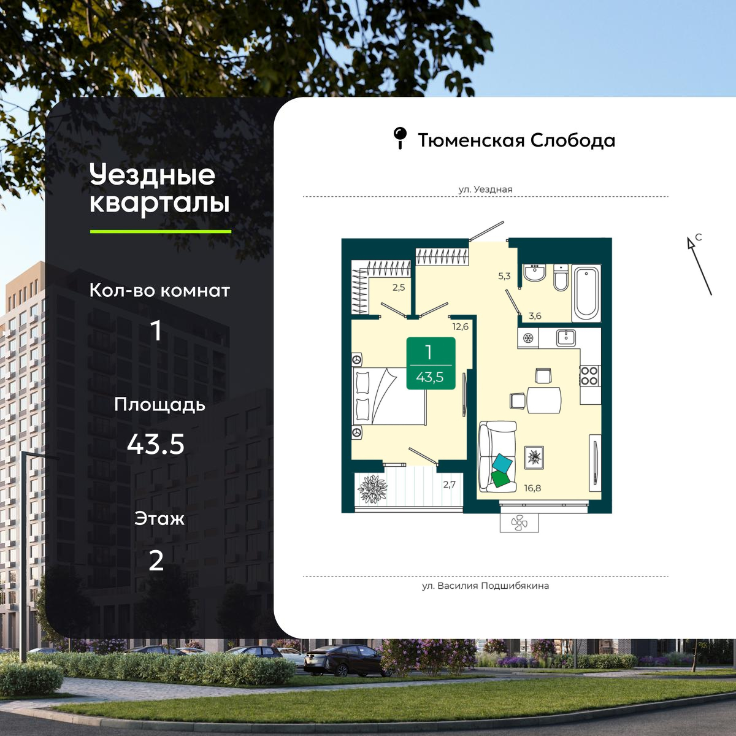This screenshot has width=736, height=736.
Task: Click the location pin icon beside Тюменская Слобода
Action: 400,138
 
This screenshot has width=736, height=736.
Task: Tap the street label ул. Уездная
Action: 485,189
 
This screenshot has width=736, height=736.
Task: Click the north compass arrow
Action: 699,266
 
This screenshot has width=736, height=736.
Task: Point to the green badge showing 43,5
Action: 431,363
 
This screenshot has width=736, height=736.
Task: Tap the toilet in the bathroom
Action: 561,278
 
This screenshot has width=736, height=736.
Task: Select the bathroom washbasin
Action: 535,273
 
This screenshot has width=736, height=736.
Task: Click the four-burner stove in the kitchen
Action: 589,375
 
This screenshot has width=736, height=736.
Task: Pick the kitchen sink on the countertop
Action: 565,337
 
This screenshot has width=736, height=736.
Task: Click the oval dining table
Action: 544,400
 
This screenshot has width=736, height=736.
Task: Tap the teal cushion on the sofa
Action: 502,464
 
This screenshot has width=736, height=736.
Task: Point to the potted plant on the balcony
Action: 372,489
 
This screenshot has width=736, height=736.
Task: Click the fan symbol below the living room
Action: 519,523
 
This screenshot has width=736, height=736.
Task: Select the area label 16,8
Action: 532,488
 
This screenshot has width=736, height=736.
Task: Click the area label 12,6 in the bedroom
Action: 460,327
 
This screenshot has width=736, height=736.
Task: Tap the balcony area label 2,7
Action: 450,485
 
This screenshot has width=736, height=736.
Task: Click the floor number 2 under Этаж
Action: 156,561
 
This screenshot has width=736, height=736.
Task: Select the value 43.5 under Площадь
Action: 156,445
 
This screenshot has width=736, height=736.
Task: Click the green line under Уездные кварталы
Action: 161,231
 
